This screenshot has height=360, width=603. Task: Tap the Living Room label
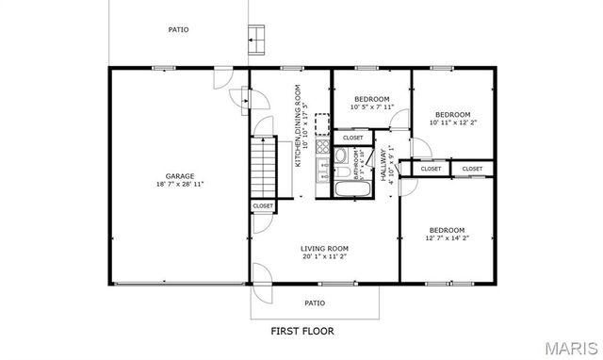[x=325, y=247]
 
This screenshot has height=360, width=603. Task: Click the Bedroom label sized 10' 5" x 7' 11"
[x=371, y=99]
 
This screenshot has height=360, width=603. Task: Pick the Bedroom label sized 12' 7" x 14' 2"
[x=447, y=230]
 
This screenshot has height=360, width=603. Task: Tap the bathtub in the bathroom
[x=353, y=188]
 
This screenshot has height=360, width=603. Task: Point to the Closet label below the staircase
[x=263, y=205]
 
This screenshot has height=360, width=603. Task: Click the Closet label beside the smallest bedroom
[x=353, y=138]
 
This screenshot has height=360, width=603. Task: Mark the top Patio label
[x=178, y=29]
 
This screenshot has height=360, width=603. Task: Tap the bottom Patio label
[x=315, y=303]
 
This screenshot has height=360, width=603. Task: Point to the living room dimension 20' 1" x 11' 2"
[x=325, y=256]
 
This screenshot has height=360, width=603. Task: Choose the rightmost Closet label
[x=472, y=169]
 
